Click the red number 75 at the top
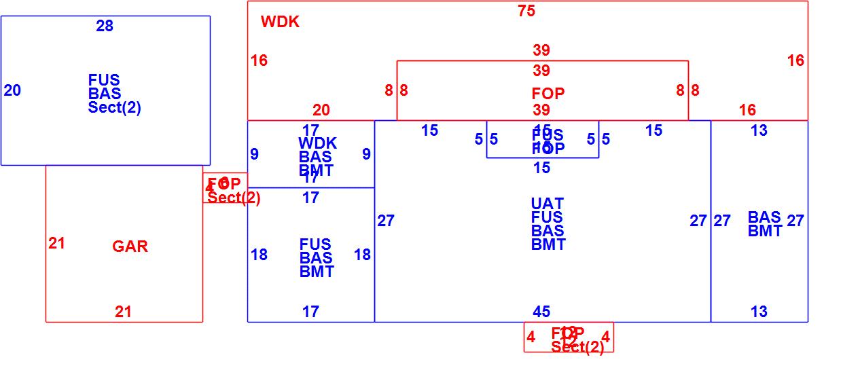tap(526, 11)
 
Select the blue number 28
tap(105, 26)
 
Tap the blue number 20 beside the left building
tap(12, 90)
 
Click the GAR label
tap(130, 246)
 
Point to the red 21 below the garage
tap(123, 312)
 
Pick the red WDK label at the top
tap(280, 22)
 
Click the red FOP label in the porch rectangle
tap(548, 94)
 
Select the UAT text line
tap(547, 204)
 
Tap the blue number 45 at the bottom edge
tap(541, 312)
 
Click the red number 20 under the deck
tap(321, 110)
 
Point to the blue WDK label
tap(317, 143)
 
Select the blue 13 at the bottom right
tap(759, 312)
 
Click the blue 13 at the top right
tap(759, 131)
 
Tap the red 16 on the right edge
tap(795, 60)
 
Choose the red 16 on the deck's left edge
tap(259, 60)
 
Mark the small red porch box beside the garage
tap(225, 188)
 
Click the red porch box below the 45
tap(569, 337)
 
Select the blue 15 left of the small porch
tap(429, 131)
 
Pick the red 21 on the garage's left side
tap(56, 243)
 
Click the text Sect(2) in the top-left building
tap(115, 107)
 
